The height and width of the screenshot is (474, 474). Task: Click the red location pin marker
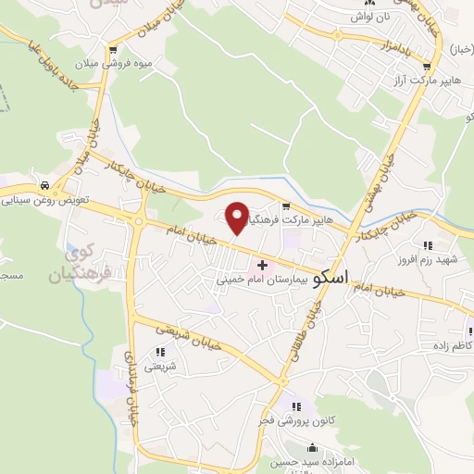click(x=237, y=218)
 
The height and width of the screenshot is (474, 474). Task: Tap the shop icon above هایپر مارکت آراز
click(x=427, y=66)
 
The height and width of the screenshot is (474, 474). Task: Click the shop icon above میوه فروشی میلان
click(x=113, y=51)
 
